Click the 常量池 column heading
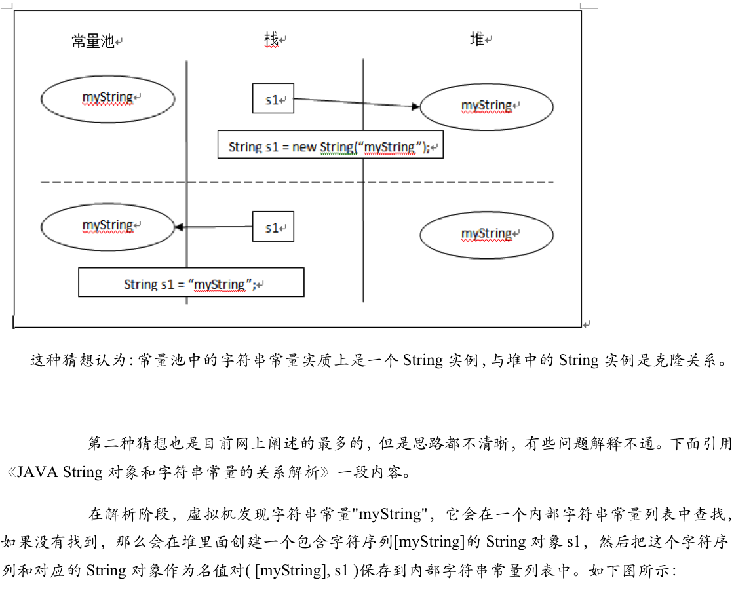[92, 42]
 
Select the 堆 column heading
[477, 39]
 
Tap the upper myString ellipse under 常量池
[108, 99]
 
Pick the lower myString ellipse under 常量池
[108, 227]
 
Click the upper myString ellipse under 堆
[486, 106]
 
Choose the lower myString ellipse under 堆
[486, 235]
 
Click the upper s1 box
[273, 98]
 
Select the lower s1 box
[273, 227]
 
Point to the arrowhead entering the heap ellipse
[415, 106]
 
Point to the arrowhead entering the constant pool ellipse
[179, 227]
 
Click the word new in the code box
[304, 147]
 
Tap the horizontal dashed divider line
[295, 182]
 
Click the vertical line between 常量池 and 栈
[187, 131]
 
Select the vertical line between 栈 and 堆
[363, 249]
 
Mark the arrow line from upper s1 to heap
[354, 103]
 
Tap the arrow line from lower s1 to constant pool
[216, 227]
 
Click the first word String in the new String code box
[245, 147]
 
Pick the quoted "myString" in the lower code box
[220, 285]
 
